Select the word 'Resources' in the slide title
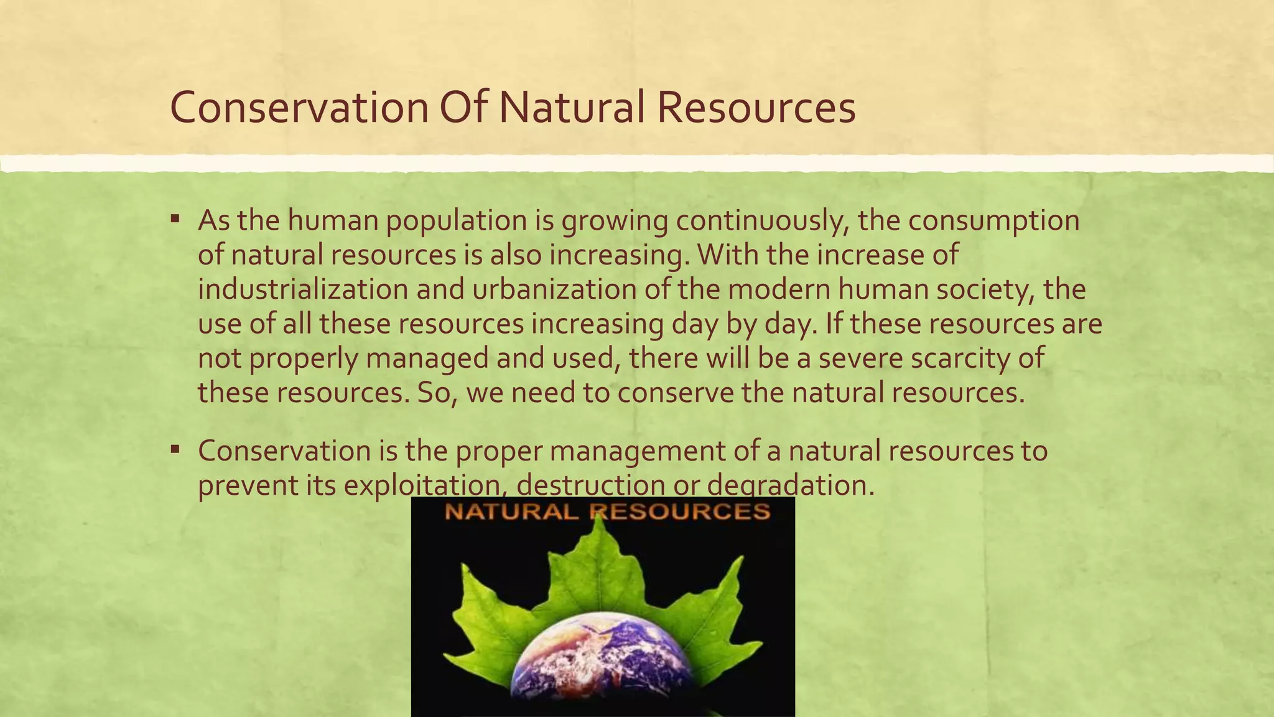click(x=756, y=108)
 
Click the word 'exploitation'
click(x=425, y=485)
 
